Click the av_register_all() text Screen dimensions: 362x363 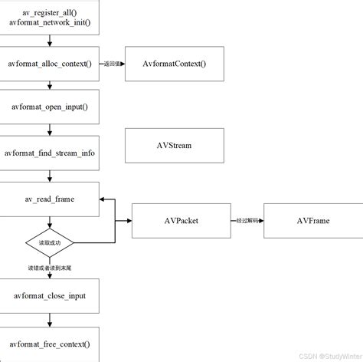tap(50, 13)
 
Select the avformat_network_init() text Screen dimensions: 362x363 tap(50, 24)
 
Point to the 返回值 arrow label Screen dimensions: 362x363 tap(112, 64)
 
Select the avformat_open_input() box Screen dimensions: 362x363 tap(50, 106)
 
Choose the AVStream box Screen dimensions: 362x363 tap(174, 145)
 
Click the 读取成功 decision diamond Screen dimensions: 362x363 tap(50, 242)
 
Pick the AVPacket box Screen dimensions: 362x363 tap(181, 221)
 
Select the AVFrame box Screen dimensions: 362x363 tap(312, 221)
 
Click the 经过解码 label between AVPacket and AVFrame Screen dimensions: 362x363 tap(247, 221)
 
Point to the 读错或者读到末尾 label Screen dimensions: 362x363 tap(50, 268)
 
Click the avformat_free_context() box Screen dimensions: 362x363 tap(50, 343)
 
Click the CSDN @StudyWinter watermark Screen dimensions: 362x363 tap(330, 356)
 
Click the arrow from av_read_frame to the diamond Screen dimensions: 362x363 tap(50, 222)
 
